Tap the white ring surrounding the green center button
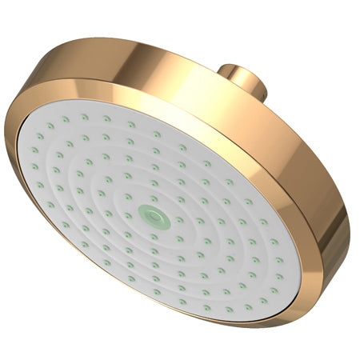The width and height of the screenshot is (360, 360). click(150, 205)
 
